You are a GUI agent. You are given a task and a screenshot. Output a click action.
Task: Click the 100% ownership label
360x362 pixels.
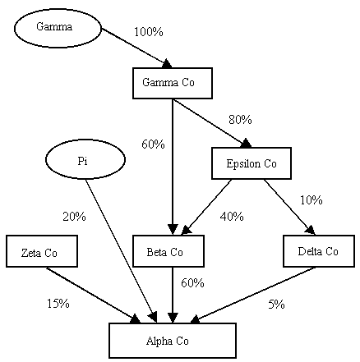(x=149, y=32)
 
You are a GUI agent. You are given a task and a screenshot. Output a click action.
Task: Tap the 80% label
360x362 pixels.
(x=240, y=120)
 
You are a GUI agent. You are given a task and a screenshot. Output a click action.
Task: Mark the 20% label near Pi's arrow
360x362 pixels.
(x=74, y=217)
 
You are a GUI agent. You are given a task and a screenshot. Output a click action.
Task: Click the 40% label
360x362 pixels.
(x=232, y=217)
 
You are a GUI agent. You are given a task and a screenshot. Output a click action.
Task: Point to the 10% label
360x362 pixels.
(x=312, y=200)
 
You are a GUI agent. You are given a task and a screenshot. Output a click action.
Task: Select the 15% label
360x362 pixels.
(x=58, y=304)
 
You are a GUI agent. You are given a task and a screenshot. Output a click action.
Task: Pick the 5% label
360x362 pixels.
(x=276, y=304)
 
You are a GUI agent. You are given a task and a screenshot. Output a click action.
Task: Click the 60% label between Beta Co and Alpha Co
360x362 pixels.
(x=192, y=283)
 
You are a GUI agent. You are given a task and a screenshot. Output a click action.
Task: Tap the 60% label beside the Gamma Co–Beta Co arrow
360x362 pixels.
(x=153, y=144)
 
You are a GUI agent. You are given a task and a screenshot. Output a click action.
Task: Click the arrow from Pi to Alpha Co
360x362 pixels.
(x=121, y=250)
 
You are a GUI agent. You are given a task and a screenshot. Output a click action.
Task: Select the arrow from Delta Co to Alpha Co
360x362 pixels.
(x=253, y=295)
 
